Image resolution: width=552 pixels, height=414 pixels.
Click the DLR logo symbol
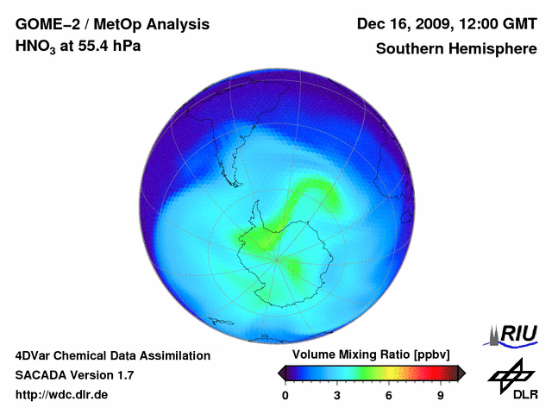pyautogui.click(x=509, y=374)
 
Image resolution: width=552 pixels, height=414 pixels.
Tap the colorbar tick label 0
pyautogui.click(x=285, y=395)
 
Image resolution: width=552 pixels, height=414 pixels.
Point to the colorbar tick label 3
pyautogui.click(x=337, y=395)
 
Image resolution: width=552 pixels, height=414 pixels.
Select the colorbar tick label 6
pyautogui.click(x=389, y=395)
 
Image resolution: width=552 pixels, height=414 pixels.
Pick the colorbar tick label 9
pyautogui.click(x=440, y=395)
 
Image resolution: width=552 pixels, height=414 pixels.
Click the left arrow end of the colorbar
pyautogui.click(x=282, y=373)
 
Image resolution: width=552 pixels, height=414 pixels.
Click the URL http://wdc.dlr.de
pyautogui.click(x=62, y=395)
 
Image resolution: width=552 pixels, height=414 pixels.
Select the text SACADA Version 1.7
pyautogui.click(x=75, y=375)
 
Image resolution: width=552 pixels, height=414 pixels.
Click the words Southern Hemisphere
pyautogui.click(x=456, y=48)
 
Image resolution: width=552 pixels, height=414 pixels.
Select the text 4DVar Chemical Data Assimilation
pyautogui.click(x=113, y=355)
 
